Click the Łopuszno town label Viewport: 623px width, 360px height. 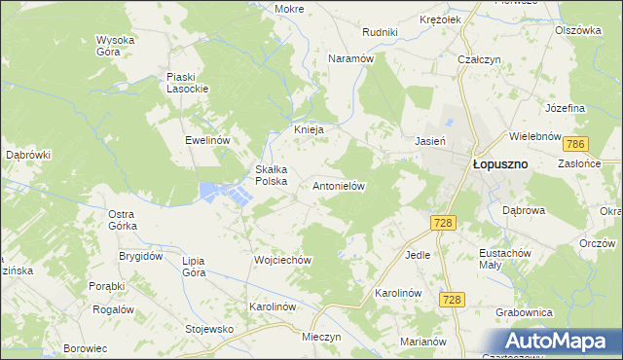pyautogui.click(x=500, y=164)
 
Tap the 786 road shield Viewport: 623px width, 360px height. pyautogui.click(x=575, y=145)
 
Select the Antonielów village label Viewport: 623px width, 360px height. pyautogui.click(x=338, y=185)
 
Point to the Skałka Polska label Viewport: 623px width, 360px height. pyautogui.click(x=271, y=174)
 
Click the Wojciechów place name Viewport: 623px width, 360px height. pyautogui.click(x=281, y=260)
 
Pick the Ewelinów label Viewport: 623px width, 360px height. pyautogui.click(x=207, y=140)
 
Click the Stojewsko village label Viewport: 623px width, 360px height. pyautogui.click(x=211, y=329)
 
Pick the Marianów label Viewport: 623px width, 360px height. pyautogui.click(x=422, y=342)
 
